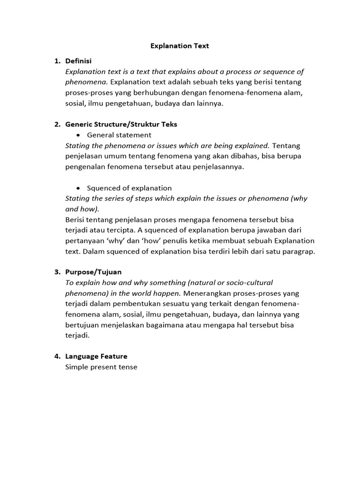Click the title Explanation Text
[x=180, y=46]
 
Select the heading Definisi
[x=78, y=61]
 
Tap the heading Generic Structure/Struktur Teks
[x=121, y=124]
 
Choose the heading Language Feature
[x=96, y=356]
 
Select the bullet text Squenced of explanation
[x=129, y=188]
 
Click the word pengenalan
[x=85, y=167]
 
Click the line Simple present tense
[x=101, y=367]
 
